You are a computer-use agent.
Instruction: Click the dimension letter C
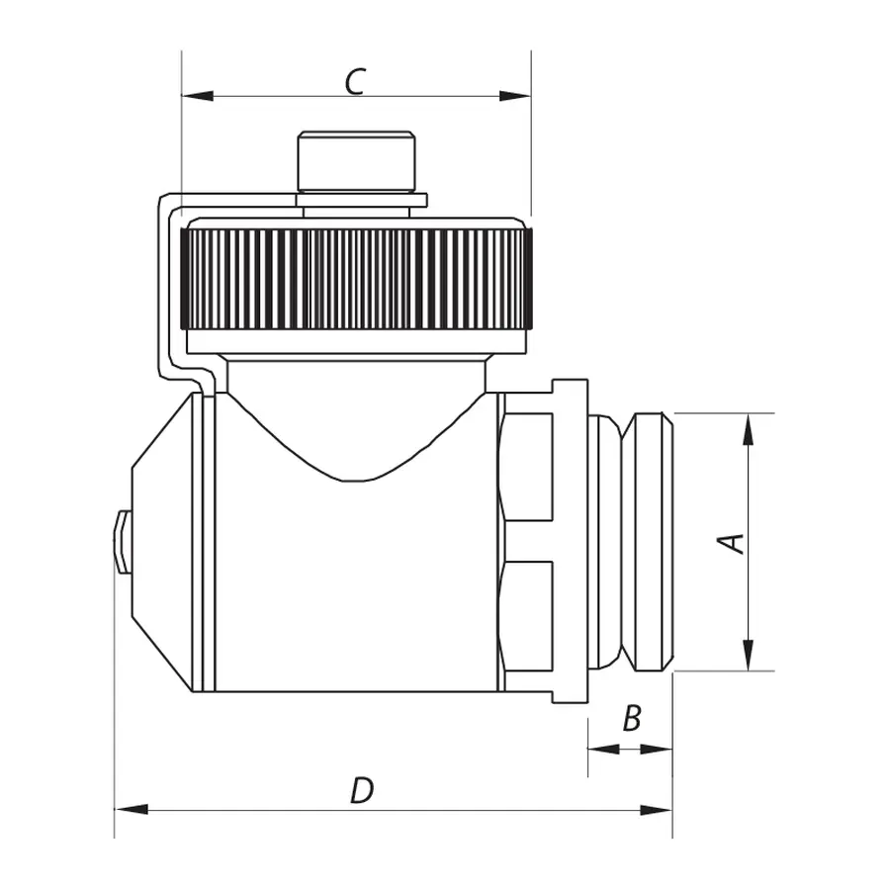coord(356,82)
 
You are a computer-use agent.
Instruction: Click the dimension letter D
coord(363,791)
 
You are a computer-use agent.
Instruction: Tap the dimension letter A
coord(732,542)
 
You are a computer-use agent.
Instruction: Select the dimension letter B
coord(632,719)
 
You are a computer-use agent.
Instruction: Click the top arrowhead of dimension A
coord(749,428)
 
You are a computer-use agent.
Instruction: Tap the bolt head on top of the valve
coord(356,160)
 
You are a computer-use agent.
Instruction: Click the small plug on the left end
coord(123,541)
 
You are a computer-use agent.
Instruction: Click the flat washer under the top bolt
coord(361,200)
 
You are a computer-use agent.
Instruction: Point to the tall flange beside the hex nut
coord(570,541)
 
